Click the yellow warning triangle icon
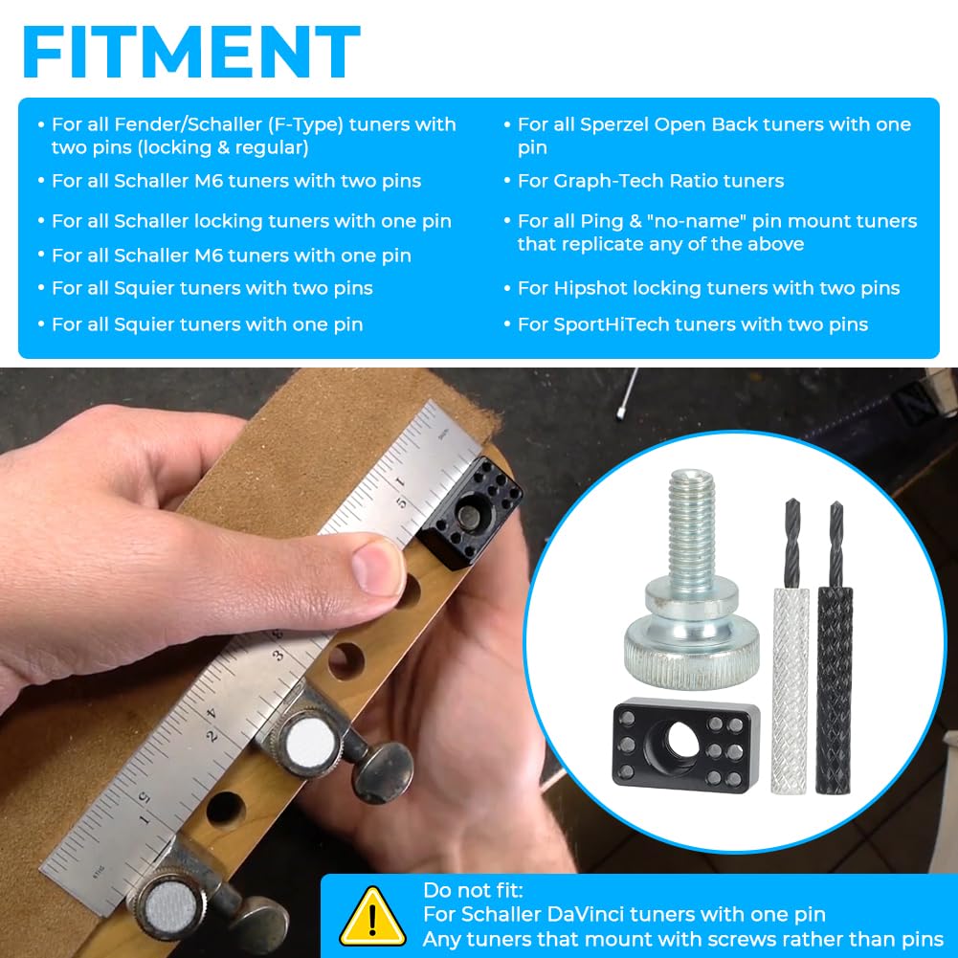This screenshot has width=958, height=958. (372, 917)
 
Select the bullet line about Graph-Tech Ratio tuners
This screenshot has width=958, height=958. (650, 181)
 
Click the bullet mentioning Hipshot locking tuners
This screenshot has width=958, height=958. (708, 288)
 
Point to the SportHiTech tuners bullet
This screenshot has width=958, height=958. (692, 324)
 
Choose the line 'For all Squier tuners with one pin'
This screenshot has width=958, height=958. (207, 324)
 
